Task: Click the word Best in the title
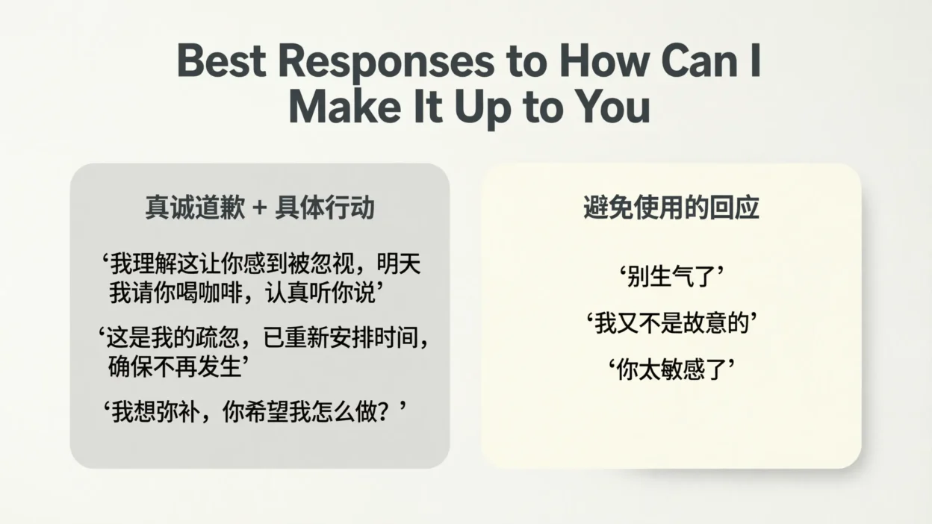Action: click(221, 62)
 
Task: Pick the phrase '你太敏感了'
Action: click(671, 369)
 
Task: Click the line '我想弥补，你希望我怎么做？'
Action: click(254, 411)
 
